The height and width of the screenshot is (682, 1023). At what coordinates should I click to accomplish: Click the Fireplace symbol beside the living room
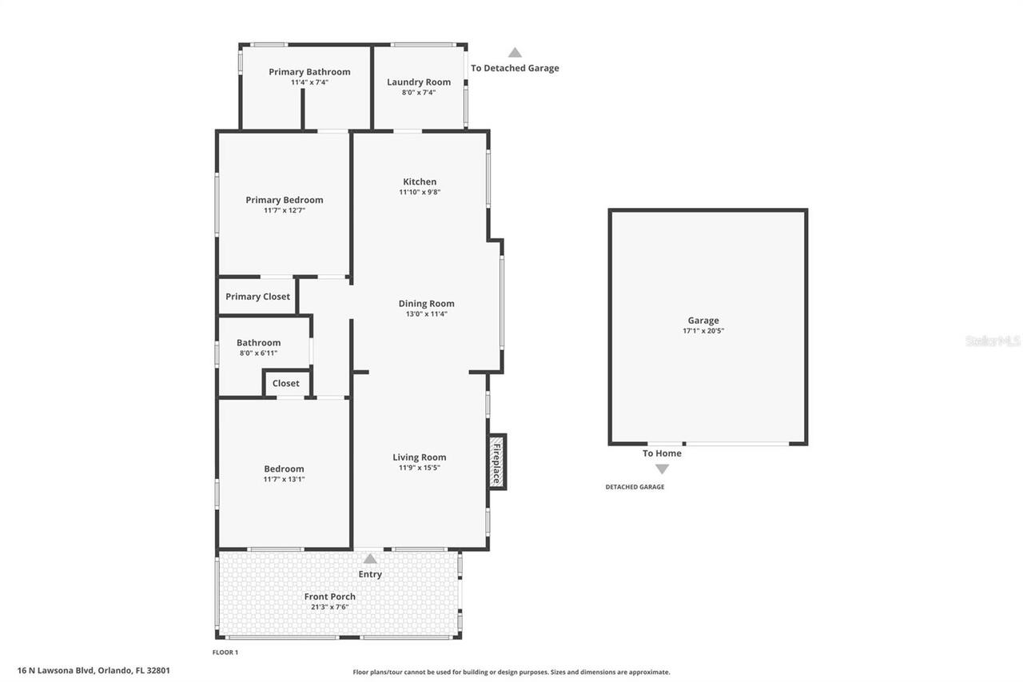496,461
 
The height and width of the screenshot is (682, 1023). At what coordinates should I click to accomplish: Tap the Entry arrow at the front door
370,559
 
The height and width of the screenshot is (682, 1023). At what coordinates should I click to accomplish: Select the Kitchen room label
420,181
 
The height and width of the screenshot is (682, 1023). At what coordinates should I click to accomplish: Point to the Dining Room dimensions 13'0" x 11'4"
426,314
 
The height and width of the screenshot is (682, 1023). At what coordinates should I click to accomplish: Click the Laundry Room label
419,82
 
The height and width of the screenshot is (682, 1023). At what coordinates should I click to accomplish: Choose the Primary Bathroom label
309,72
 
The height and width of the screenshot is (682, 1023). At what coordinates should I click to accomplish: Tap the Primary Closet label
257,297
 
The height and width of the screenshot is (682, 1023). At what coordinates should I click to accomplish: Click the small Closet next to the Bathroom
285,384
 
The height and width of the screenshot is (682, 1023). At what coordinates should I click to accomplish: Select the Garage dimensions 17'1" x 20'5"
703,331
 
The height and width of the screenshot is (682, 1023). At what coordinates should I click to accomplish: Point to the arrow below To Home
662,469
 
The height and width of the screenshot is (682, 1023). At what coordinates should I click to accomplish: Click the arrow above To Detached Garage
515,53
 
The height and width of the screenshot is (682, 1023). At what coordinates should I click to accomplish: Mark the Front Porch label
329,596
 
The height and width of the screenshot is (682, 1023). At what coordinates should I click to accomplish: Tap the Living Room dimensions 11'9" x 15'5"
420,468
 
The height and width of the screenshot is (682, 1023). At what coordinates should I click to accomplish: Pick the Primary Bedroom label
285,200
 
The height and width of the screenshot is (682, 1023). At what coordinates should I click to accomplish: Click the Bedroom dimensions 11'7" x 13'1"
285,480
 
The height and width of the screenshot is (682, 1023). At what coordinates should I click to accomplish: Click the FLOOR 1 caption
225,652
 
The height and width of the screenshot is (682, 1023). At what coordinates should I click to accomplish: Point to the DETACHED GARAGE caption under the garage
635,487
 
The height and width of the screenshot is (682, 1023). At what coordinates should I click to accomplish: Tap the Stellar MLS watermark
993,341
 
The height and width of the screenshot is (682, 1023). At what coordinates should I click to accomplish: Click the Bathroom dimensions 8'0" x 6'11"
258,353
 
